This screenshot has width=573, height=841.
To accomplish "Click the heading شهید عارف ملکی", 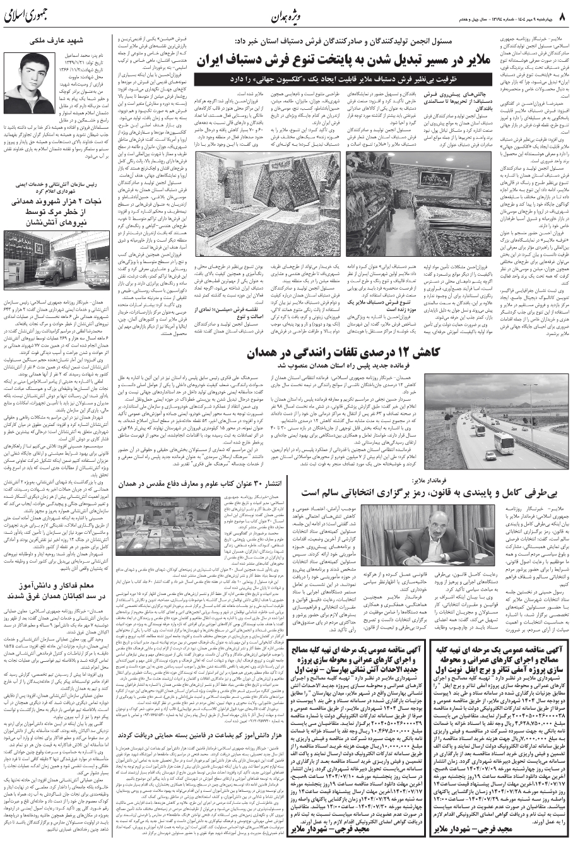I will pyautogui.click(x=56, y=42).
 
